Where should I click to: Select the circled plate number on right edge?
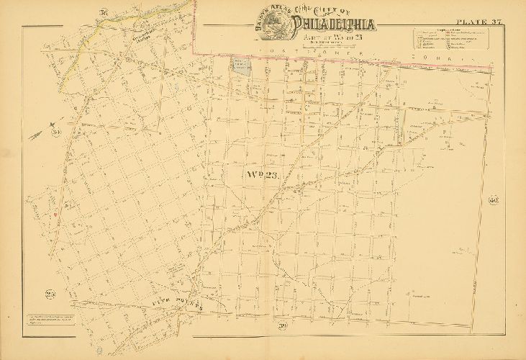494,201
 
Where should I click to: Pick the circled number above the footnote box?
50,294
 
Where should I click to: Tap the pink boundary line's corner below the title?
197,50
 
